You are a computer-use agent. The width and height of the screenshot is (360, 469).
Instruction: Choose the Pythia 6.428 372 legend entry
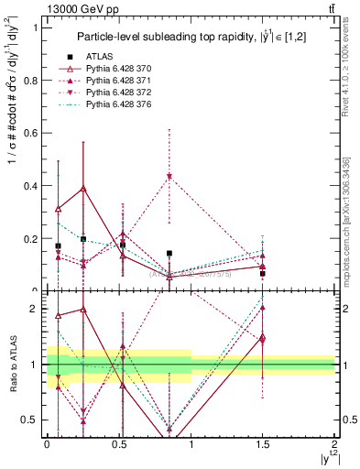coord(115,93)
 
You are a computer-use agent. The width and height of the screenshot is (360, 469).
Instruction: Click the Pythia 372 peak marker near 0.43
coord(169,176)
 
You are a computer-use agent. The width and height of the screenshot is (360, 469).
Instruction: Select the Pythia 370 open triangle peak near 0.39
coord(83,188)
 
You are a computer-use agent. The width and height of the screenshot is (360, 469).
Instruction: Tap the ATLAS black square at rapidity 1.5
coord(262,273)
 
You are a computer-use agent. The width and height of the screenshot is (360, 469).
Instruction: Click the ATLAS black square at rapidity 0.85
coord(169,253)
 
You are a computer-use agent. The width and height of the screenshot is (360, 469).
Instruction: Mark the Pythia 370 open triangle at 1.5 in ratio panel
coord(262,339)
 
